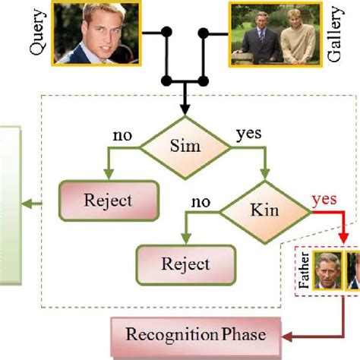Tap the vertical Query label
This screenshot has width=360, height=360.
pyautogui.click(x=37, y=35)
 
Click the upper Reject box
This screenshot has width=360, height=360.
pyautogui.click(x=108, y=201)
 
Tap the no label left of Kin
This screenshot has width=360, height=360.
pyautogui.click(x=201, y=201)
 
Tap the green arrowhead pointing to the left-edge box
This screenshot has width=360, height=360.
pyautogui.click(x=27, y=202)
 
